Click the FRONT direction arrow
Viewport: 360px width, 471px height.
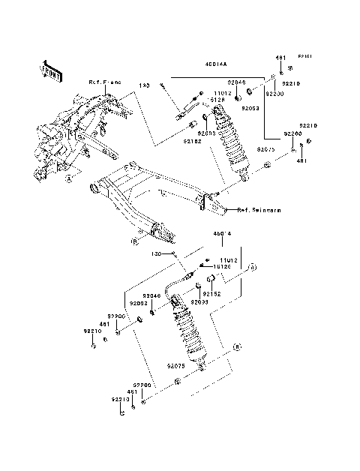point(50,69)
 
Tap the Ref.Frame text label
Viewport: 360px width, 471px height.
point(104,81)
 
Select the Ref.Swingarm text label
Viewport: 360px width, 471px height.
point(260,211)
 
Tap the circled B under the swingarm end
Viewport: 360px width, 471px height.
point(134,242)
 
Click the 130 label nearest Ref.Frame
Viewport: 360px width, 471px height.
point(145,86)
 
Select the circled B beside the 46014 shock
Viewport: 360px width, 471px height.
point(236,346)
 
